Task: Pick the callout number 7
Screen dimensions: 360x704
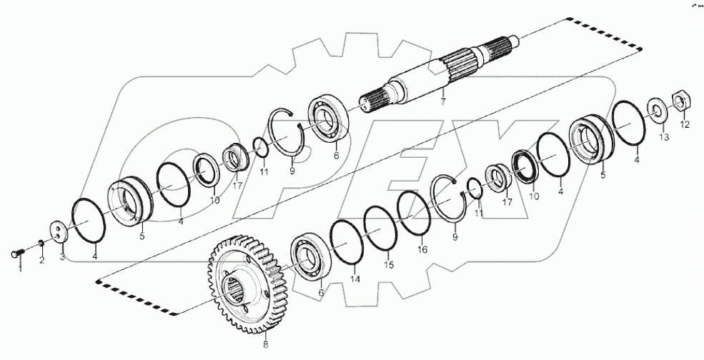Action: coord(443,102)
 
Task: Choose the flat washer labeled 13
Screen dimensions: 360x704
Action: coord(655,109)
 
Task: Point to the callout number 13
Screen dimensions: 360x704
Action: coord(663,136)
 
